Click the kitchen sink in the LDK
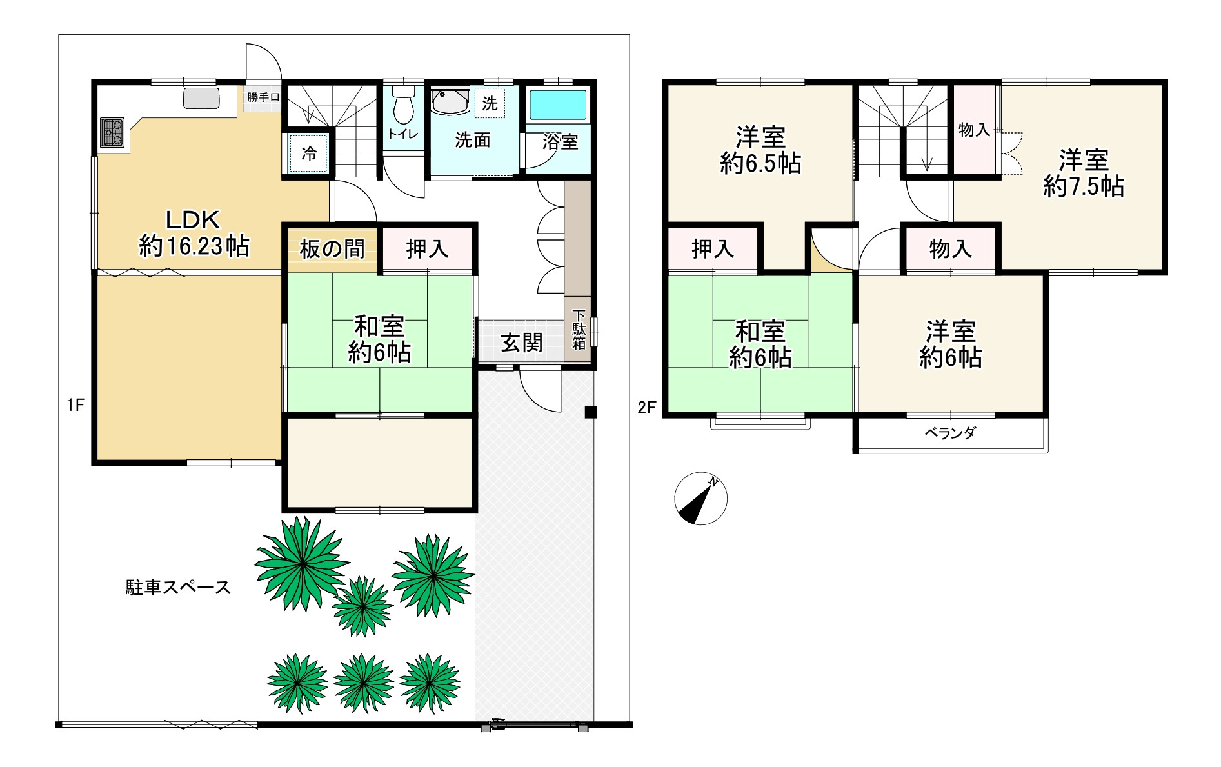point(201,99)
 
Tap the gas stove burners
point(112,132)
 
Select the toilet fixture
point(404,104)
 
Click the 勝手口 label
point(263,97)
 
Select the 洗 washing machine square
point(490,103)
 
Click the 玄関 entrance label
point(521,343)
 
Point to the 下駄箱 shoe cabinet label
point(579,330)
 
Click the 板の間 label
point(332,249)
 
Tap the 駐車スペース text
point(178,588)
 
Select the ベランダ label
point(950,433)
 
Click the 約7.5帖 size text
point(1084,186)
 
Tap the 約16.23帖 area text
point(194,246)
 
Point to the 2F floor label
point(646,407)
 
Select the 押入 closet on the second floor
point(713,249)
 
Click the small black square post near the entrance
point(591,412)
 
